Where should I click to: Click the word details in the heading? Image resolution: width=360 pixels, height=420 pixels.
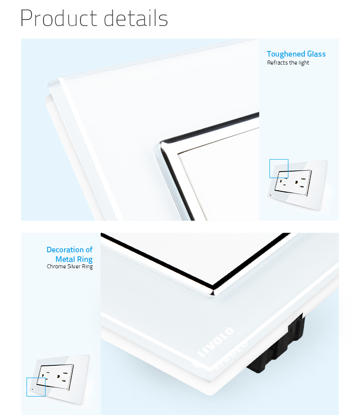[x=136, y=18]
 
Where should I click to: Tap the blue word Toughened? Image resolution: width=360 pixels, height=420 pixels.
[x=286, y=55]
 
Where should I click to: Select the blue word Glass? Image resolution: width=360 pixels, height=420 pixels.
[x=316, y=54]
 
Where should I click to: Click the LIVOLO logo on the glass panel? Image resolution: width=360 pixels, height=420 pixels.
[x=215, y=342]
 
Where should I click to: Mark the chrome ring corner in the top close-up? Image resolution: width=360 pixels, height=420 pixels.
[x=160, y=146]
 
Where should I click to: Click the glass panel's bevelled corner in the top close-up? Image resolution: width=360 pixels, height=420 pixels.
[x=53, y=83]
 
